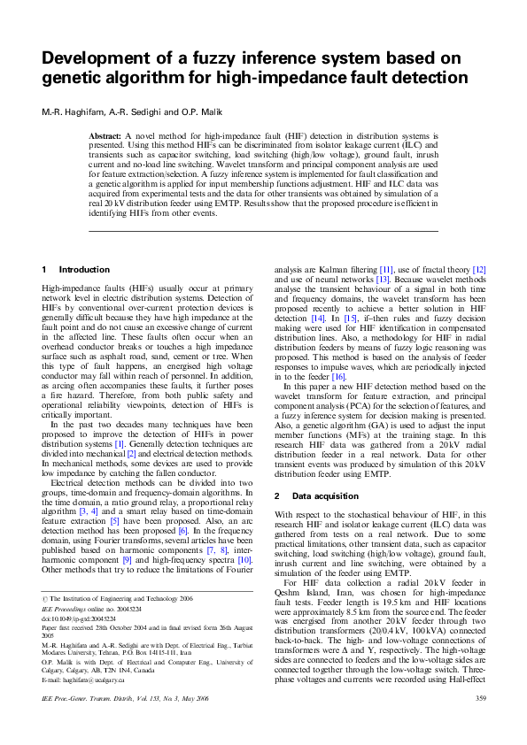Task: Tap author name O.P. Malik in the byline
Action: (204, 111)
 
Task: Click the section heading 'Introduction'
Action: (84, 269)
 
